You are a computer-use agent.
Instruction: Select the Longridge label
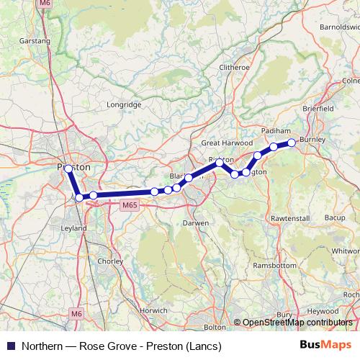tap(124, 104)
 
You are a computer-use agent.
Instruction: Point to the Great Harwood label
tap(222, 143)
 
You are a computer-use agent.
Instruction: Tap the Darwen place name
tap(195, 223)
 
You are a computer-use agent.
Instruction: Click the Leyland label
tap(73, 228)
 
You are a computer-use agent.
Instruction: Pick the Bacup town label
tap(335, 217)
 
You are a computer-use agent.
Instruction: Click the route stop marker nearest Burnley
tap(292, 143)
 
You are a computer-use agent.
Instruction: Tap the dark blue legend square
tap(10, 346)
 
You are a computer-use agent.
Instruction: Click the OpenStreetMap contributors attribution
tap(297, 323)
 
